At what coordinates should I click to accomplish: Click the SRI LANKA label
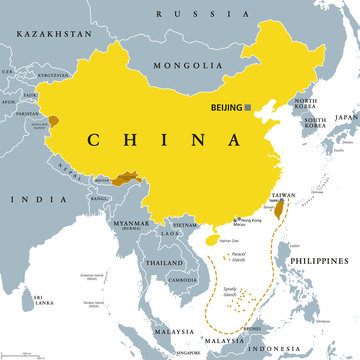(x=44, y=299)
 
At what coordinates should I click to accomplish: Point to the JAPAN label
(x=346, y=116)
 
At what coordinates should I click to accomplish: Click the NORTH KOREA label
(x=304, y=104)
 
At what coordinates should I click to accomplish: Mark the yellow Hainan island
(x=210, y=239)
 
